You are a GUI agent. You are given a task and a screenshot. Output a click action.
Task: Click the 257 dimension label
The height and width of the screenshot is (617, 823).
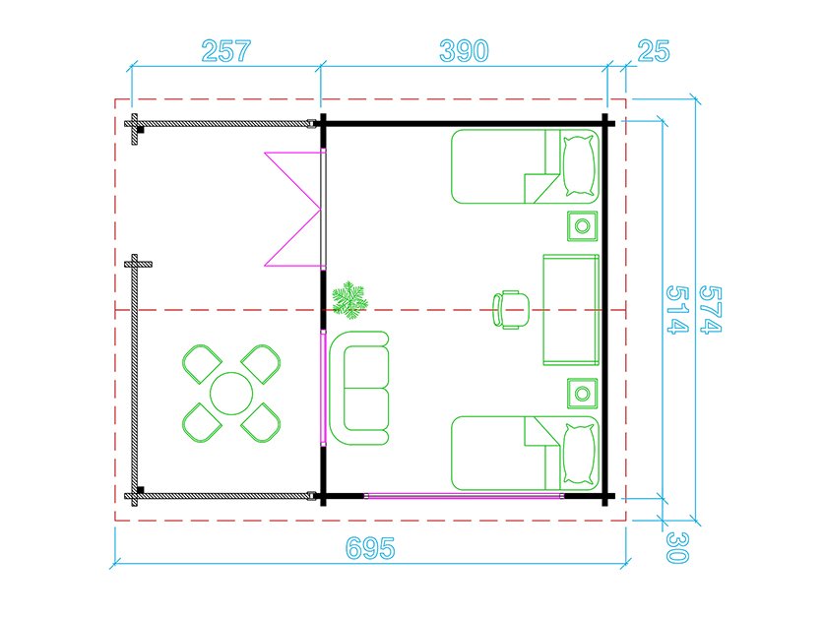[226, 51]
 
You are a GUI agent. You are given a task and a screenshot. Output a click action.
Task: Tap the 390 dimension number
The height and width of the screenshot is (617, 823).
[464, 51]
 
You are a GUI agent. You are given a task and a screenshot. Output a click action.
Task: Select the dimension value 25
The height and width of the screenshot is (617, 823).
[654, 51]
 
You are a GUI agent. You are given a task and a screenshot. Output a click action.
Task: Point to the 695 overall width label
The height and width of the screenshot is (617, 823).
[370, 548]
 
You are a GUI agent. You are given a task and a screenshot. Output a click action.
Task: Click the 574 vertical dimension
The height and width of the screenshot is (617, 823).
[711, 310]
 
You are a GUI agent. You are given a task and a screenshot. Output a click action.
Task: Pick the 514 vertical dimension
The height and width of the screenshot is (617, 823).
[677, 310]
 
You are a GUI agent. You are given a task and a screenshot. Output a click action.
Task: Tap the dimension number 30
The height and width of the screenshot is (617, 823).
[677, 547]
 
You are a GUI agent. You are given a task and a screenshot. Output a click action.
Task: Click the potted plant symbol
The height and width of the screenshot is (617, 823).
[349, 300]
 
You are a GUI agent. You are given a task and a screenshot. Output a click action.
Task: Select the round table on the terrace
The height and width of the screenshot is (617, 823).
[231, 394]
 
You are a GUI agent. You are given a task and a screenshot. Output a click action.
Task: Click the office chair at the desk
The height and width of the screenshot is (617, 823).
[510, 310]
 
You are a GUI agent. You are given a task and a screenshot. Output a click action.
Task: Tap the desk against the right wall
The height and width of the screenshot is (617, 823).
[571, 310]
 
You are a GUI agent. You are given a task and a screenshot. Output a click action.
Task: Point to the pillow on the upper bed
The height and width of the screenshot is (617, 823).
[580, 166]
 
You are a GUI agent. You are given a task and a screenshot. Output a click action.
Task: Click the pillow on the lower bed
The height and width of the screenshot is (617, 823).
[580, 454]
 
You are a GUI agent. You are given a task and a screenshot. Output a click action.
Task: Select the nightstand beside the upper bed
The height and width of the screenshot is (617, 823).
[582, 226]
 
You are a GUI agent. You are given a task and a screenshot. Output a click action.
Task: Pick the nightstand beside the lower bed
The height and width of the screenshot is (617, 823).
[582, 393]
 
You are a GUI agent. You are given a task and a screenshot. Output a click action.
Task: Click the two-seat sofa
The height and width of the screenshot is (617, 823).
[359, 389]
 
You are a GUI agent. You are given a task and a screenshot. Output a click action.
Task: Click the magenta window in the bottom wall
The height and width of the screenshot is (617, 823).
[464, 495]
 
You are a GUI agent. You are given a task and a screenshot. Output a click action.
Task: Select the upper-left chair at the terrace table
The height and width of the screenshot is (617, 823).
[202, 363]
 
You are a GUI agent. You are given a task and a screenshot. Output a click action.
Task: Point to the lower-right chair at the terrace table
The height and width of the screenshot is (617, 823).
[261, 422]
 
